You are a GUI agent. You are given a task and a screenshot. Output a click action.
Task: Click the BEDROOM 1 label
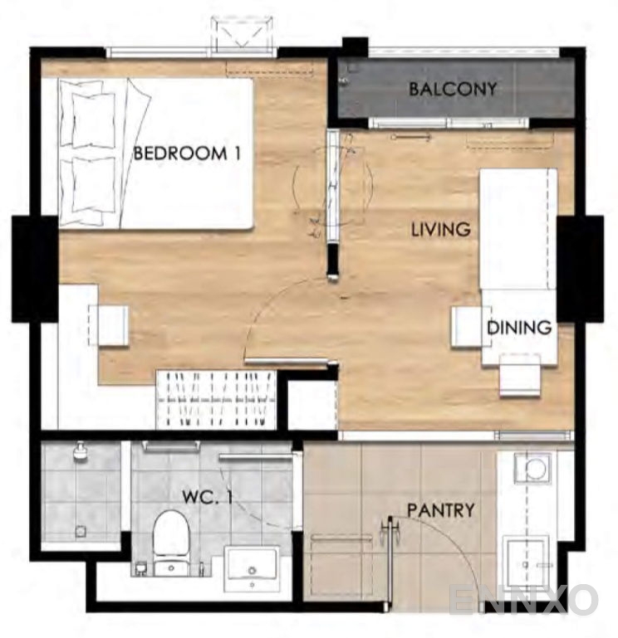(x=188, y=153)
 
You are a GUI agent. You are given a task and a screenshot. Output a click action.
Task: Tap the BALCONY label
(x=453, y=89)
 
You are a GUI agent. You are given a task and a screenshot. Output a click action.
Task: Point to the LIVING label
(x=441, y=230)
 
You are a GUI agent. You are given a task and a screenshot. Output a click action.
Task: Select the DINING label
(x=519, y=327)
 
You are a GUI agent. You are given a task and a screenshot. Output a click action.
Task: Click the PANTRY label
(x=441, y=510)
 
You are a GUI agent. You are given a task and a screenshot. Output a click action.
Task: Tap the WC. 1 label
(x=207, y=497)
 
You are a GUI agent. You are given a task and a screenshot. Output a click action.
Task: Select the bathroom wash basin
(x=253, y=569)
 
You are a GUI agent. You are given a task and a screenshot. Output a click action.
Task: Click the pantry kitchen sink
(x=526, y=564)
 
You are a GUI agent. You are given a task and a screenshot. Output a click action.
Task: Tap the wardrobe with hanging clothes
(x=216, y=399)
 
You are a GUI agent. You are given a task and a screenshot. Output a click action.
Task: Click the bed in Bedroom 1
(x=156, y=153)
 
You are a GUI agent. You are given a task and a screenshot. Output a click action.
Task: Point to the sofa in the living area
(x=517, y=229)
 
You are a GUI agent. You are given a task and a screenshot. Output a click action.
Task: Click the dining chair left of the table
(x=468, y=327)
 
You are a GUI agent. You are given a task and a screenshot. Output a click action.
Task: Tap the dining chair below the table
(x=520, y=375)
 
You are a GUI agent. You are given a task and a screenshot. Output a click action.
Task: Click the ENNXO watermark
(x=523, y=599)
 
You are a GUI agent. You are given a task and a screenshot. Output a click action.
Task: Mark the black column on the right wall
(x=580, y=269)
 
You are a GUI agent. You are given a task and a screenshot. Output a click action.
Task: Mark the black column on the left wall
(x=35, y=269)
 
